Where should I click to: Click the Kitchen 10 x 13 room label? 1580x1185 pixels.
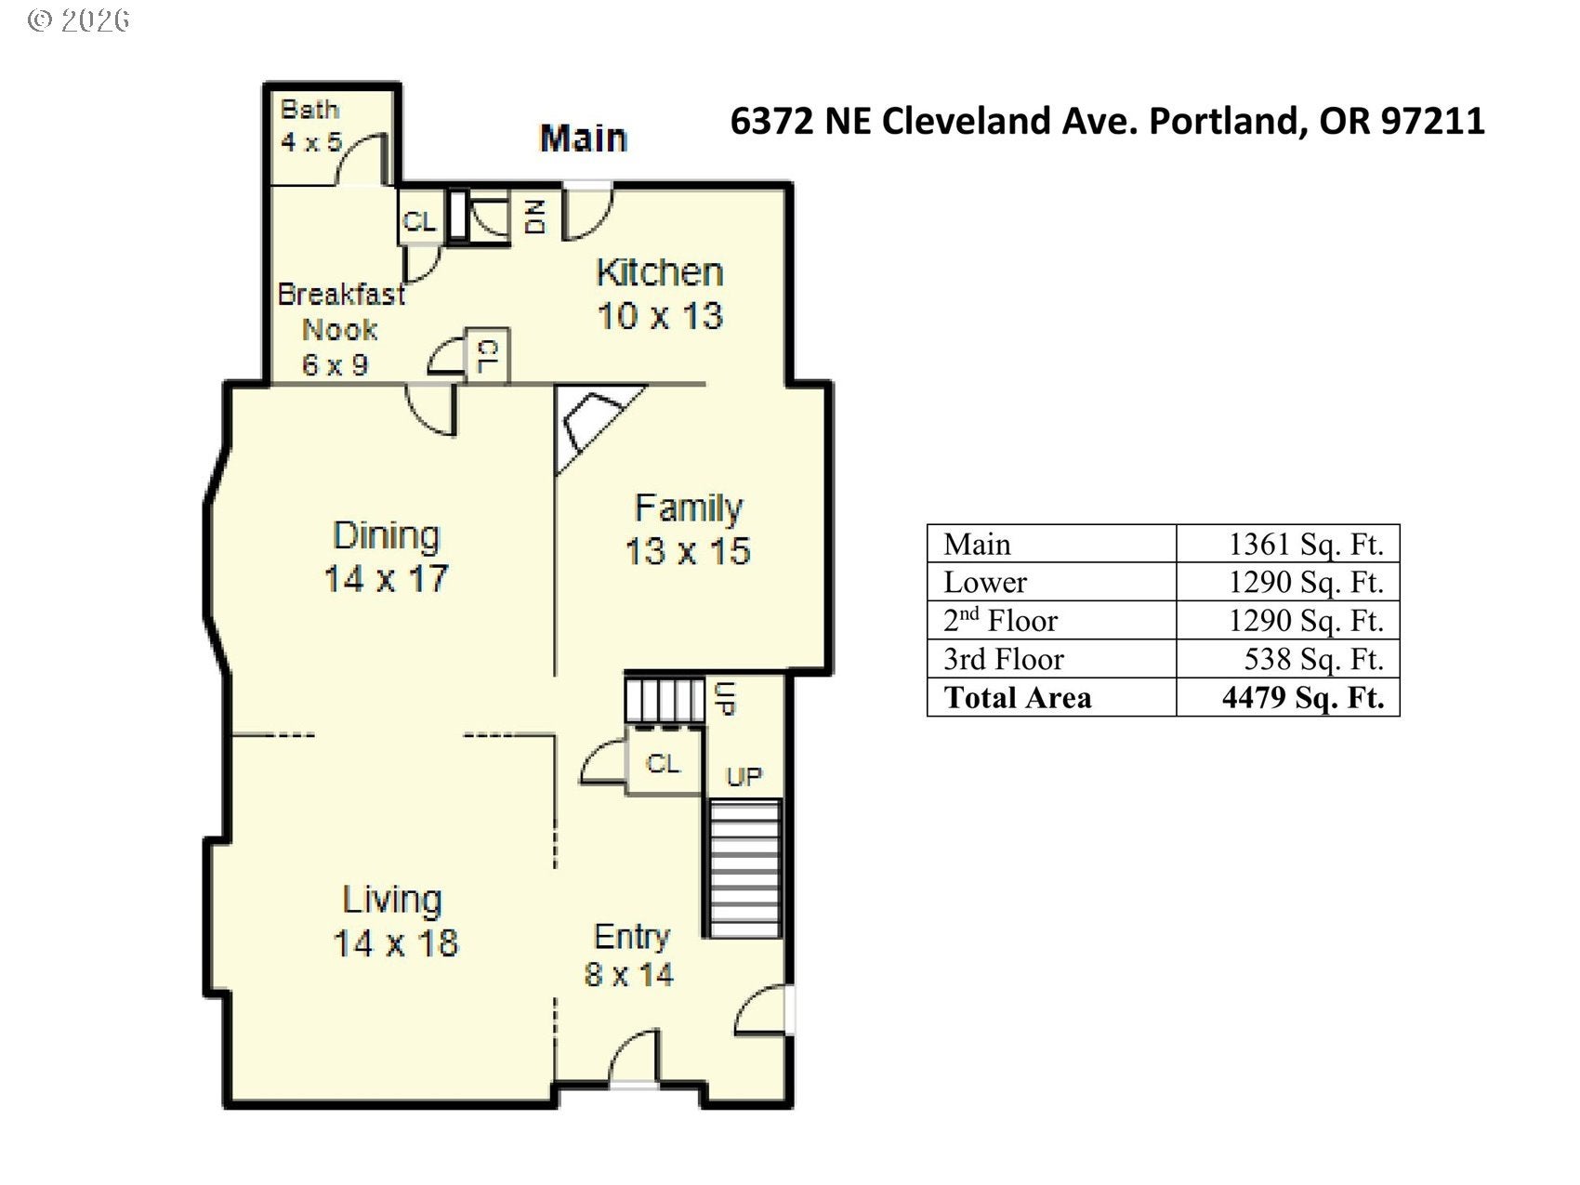pyautogui.click(x=660, y=294)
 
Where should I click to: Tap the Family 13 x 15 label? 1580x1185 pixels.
pyautogui.click(x=688, y=529)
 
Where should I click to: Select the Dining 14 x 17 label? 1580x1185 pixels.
pyautogui.click(x=386, y=557)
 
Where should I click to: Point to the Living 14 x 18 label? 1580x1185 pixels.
pyautogui.click(x=395, y=921)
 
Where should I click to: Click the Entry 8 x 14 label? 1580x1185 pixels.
pyautogui.click(x=629, y=955)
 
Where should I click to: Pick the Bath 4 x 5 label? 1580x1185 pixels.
pyautogui.click(x=311, y=125)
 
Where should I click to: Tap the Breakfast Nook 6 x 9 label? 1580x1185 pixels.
pyautogui.click(x=341, y=329)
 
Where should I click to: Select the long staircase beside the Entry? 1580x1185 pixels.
pyautogui.click(x=745, y=868)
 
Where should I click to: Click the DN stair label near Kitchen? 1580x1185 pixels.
pyautogui.click(x=535, y=217)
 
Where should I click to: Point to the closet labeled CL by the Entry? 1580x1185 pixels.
pyautogui.click(x=664, y=763)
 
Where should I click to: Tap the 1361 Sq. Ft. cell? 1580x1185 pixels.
pyautogui.click(x=1306, y=544)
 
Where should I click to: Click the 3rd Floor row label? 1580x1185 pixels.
pyautogui.click(x=1003, y=659)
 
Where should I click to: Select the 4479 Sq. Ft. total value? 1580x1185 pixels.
pyautogui.click(x=1303, y=697)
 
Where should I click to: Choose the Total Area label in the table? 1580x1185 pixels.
pyautogui.click(x=1018, y=697)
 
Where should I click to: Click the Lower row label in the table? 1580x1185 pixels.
pyautogui.click(x=985, y=582)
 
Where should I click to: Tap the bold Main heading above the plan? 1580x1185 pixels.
pyautogui.click(x=584, y=138)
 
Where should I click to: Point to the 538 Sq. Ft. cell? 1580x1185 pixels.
pyautogui.click(x=1314, y=659)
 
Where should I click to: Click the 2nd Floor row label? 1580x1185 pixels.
pyautogui.click(x=1000, y=620)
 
